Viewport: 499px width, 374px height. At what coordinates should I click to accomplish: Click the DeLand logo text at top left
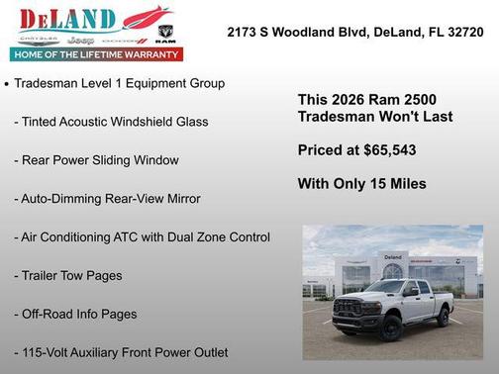click(67, 19)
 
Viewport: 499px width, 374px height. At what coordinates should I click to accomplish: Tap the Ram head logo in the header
click(165, 33)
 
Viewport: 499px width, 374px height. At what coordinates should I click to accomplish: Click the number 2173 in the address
click(245, 32)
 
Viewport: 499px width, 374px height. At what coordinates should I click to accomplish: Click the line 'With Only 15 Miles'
click(361, 183)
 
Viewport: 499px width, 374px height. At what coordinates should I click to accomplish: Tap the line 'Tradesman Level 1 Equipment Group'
click(121, 83)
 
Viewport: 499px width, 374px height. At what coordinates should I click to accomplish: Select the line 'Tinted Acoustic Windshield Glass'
click(111, 122)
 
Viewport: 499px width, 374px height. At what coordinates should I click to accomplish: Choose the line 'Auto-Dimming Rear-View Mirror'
click(107, 198)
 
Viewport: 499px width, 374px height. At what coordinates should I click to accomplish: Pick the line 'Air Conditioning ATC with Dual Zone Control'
click(142, 236)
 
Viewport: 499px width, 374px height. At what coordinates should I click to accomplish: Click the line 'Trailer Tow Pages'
click(68, 275)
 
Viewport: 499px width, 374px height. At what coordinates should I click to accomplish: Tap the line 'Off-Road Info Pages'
click(75, 314)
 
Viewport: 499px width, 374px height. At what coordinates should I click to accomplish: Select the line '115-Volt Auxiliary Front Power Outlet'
click(121, 352)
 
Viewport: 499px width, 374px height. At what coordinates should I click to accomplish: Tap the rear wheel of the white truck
click(445, 316)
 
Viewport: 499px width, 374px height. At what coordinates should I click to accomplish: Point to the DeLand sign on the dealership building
click(394, 256)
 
